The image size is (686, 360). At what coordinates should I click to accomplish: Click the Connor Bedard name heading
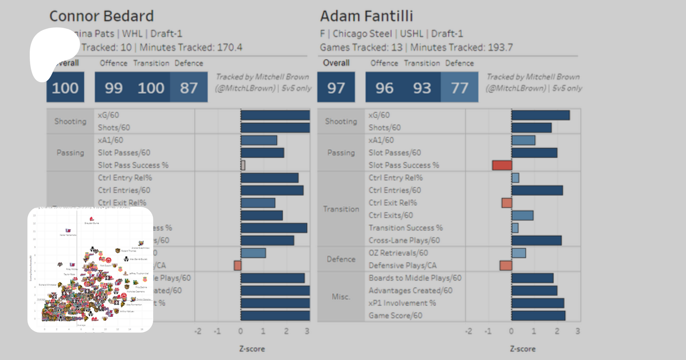pos(101,16)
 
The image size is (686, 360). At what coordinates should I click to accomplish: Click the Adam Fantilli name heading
pos(366,16)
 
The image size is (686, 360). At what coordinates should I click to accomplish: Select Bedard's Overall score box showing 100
pos(65,87)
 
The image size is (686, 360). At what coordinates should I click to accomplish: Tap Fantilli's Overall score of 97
pos(336,87)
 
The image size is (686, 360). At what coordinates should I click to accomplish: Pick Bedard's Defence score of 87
pos(189,87)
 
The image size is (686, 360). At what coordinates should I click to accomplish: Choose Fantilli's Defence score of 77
pos(459,87)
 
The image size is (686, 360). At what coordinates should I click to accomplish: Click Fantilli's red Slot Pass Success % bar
pos(502,165)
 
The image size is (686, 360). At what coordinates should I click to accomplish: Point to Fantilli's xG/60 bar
pos(540,115)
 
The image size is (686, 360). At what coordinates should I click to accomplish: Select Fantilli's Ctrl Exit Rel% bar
pos(506,203)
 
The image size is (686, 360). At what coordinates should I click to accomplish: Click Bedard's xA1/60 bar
pos(259,140)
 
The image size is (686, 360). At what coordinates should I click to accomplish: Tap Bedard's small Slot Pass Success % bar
pos(243,165)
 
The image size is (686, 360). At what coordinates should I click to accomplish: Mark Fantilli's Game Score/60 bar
pos(538,315)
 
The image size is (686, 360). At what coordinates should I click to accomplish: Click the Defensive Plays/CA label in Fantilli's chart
pos(402,265)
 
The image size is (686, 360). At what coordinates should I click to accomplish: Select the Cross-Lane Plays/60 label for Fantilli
pos(404,240)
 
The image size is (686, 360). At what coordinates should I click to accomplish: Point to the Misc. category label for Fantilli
pos(341,296)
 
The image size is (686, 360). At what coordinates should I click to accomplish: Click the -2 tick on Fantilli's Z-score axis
pos(468,331)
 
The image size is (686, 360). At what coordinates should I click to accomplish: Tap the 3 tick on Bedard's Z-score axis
pos(307,331)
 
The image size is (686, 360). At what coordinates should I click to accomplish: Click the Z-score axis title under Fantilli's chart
pos(523,349)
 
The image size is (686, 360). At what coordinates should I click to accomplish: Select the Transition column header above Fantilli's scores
pos(422,63)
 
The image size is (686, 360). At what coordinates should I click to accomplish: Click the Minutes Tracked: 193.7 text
pos(461,48)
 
